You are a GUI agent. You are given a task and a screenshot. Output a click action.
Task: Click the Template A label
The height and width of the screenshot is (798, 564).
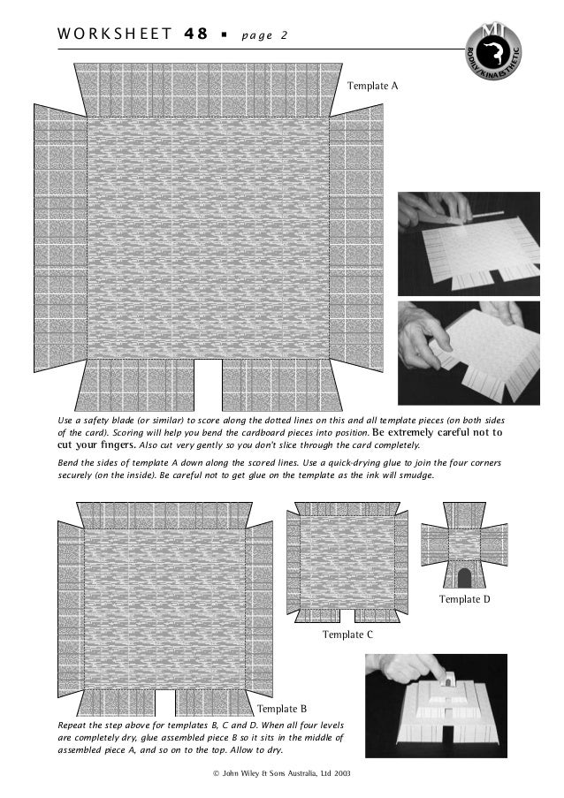pos(372,87)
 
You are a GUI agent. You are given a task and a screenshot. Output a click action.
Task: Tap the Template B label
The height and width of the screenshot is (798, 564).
pos(281,709)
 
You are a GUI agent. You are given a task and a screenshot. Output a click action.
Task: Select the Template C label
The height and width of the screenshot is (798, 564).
pos(347,635)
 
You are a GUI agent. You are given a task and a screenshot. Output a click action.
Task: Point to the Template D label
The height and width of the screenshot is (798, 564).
pos(464,600)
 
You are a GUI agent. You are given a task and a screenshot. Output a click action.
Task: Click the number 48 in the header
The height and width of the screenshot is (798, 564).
pos(195,34)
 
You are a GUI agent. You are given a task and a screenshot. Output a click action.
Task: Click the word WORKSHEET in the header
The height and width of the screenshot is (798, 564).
pos(112,34)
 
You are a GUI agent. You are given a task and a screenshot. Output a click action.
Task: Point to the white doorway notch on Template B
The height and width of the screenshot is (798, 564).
pos(164,702)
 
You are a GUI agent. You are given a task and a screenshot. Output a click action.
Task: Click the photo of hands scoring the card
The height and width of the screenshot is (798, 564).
pos(468,244)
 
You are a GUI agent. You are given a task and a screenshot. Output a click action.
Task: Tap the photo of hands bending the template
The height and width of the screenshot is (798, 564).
pos(468,353)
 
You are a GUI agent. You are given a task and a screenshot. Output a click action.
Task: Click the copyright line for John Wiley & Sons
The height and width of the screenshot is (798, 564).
pos(282,773)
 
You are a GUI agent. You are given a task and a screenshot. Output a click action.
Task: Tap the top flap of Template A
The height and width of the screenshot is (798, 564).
pos(208,88)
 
